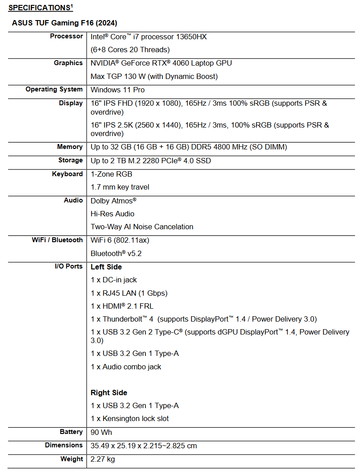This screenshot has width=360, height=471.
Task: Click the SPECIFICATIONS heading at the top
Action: point(39,8)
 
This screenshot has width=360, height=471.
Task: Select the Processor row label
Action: point(66,36)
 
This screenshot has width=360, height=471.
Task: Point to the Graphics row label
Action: point(68,63)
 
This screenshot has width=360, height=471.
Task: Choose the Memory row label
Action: point(70,147)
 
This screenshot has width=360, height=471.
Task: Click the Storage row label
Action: point(70,160)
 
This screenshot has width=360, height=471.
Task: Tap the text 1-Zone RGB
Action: point(111,174)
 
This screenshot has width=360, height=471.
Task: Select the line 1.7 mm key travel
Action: point(120,187)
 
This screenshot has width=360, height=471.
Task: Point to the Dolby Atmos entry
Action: point(113,201)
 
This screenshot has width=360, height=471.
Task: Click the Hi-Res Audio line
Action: point(112,214)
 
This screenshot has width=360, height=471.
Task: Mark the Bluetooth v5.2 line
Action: point(116,253)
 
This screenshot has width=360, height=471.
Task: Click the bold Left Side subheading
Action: point(106,267)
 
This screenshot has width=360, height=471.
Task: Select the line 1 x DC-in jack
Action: point(114,280)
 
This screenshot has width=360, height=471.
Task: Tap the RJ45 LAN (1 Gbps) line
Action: point(129,293)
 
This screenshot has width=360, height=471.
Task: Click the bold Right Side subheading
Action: point(109,392)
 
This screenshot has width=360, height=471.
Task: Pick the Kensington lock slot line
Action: point(129,418)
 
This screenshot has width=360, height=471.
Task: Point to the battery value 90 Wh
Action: point(101,432)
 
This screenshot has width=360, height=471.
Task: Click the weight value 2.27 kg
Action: point(103,459)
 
